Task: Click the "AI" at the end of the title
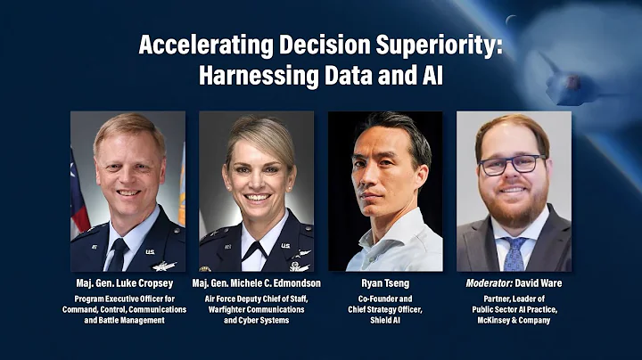pos(428,75)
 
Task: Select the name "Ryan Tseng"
pos(385,282)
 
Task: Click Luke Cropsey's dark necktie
pos(118,254)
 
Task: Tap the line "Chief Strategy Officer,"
pos(385,308)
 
